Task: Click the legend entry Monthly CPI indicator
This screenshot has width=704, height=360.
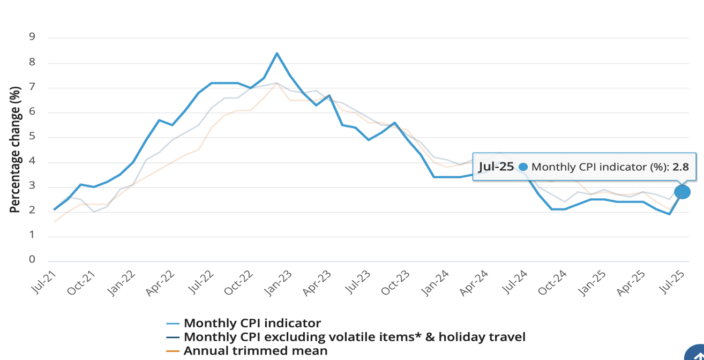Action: click(252, 323)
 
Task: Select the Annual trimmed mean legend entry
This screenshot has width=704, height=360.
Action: click(255, 351)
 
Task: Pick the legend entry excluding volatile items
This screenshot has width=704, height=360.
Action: click(354, 337)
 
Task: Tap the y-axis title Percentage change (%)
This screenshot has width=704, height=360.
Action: click(15, 149)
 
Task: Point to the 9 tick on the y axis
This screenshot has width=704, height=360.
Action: click(32, 37)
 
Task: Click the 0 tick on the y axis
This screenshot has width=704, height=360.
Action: click(32, 260)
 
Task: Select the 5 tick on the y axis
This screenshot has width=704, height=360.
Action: click(32, 136)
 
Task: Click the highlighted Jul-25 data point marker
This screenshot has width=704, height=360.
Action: click(682, 192)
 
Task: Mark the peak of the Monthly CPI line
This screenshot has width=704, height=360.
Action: click(277, 53)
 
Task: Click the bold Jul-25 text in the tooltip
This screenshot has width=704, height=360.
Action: click(496, 167)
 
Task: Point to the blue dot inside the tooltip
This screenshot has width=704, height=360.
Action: click(523, 167)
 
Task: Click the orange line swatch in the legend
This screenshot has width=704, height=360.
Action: click(173, 351)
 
